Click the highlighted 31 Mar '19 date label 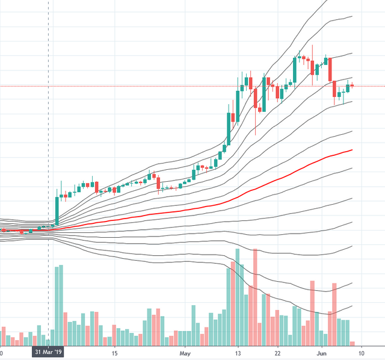tap(48, 352)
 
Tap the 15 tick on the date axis tap(114, 352)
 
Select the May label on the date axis tap(185, 352)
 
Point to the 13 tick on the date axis tap(238, 352)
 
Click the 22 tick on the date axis tap(277, 352)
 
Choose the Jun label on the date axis tap(322, 352)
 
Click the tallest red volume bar tap(256, 295)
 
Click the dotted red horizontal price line tap(180, 86)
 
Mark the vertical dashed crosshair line tap(48, 120)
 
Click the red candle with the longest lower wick tap(256, 102)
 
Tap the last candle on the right tap(353, 85)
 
